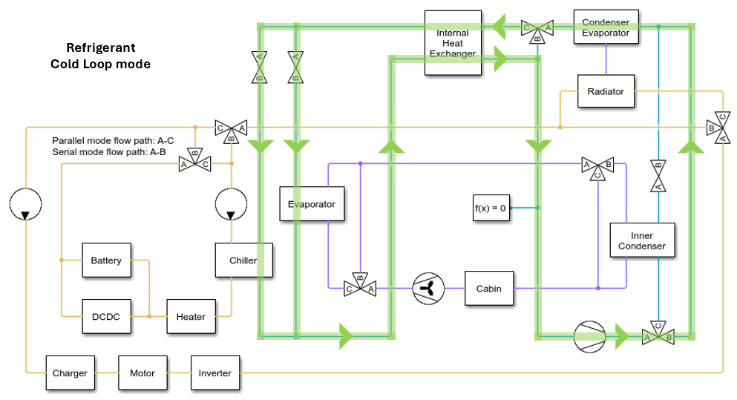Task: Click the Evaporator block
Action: tap(312, 204)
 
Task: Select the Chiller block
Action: tap(243, 260)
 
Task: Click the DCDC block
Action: tap(105, 317)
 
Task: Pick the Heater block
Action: tap(191, 317)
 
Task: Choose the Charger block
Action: tap(70, 373)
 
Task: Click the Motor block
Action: tap(142, 373)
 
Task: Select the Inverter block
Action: tap(214, 373)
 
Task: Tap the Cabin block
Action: tap(488, 289)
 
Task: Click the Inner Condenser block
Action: tap(643, 240)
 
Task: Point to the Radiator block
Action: tap(606, 91)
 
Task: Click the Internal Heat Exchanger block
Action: tap(453, 42)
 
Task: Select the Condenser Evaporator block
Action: tap(606, 27)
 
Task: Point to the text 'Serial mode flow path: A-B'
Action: tap(108, 151)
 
